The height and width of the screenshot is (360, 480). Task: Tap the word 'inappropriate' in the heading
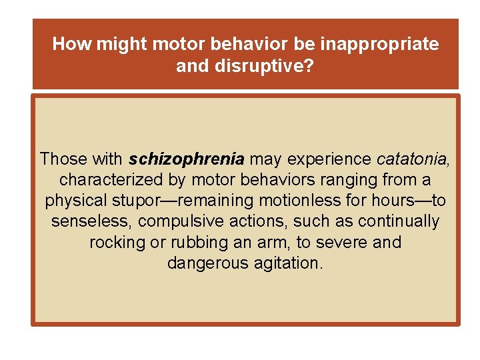tap(380, 45)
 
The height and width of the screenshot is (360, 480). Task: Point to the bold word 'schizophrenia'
tap(187, 159)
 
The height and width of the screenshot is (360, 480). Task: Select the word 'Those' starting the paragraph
tap(61, 159)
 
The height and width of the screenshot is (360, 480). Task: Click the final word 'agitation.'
tap(287, 263)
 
